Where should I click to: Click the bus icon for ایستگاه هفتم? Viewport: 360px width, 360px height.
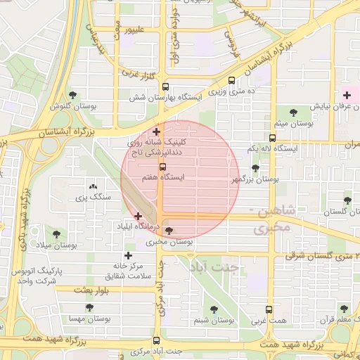[x=163, y=167]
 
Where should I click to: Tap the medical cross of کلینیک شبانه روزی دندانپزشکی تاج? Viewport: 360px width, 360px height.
[x=156, y=131]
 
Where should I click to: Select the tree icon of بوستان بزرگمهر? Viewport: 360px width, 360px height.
[x=255, y=169]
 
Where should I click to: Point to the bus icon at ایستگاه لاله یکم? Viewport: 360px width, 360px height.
[x=272, y=139]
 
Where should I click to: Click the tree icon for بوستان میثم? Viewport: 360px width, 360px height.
[x=292, y=112]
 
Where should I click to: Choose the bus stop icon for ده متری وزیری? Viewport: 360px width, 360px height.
[x=232, y=80]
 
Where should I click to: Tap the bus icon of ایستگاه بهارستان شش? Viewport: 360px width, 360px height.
[x=165, y=87]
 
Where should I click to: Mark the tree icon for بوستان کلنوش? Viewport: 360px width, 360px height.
[x=72, y=94]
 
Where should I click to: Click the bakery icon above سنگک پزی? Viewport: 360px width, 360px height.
[x=93, y=186]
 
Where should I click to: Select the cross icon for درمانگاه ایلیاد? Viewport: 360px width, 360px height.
[x=138, y=216]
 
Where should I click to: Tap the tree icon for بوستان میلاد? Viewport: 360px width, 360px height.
[x=56, y=233]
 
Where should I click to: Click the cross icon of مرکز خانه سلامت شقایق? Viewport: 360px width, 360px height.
[x=127, y=256]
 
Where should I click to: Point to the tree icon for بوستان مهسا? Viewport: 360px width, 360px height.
[x=89, y=307]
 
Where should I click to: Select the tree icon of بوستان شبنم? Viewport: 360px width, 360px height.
[x=214, y=309]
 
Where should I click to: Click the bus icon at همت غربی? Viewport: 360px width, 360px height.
[x=269, y=309]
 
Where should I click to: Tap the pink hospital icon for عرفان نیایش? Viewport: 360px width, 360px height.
[x=346, y=94]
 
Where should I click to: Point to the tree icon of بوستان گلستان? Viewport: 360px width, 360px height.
[x=347, y=201]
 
